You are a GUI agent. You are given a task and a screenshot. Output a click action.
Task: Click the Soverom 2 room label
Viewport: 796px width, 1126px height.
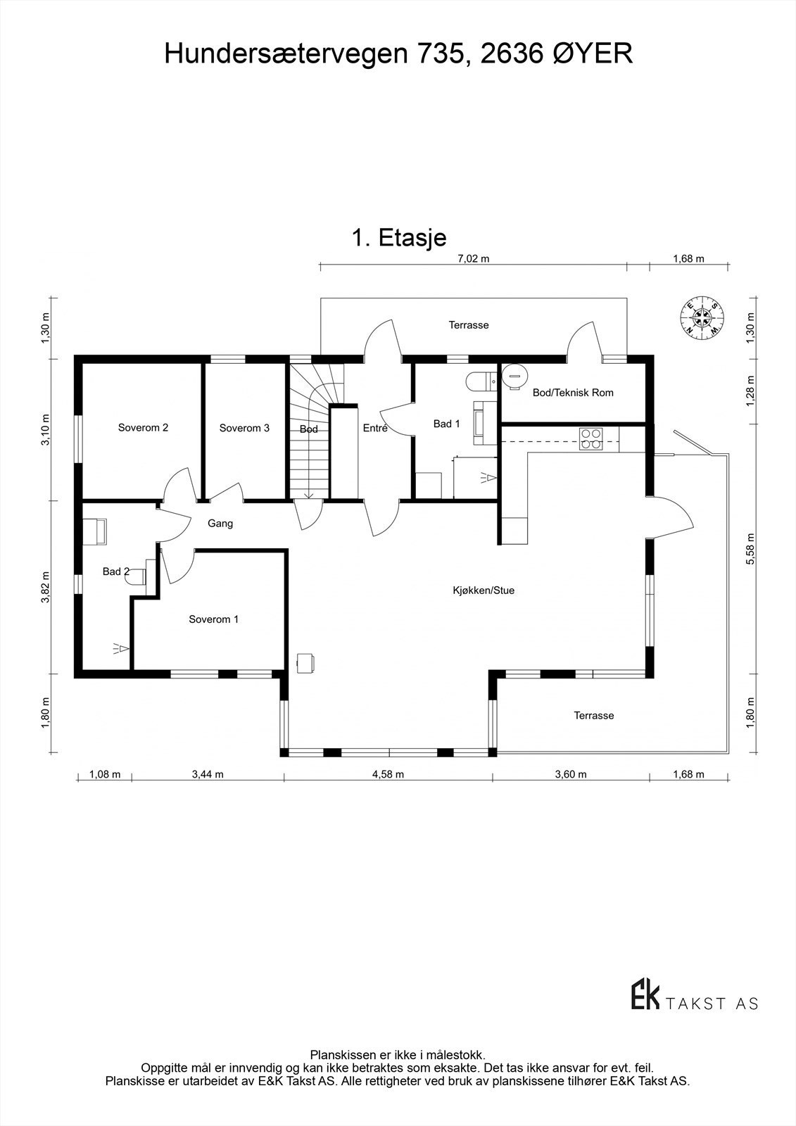143,428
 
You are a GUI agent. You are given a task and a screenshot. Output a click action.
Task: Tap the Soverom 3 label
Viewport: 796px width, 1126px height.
244,428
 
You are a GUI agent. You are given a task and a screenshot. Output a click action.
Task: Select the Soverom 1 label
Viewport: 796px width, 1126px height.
213,619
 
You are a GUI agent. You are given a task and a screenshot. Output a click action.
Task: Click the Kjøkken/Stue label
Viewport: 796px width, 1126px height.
484,590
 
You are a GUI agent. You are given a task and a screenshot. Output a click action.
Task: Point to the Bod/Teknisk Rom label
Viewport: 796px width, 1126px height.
573,393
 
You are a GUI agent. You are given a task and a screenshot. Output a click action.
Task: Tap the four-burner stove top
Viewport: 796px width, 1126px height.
590,439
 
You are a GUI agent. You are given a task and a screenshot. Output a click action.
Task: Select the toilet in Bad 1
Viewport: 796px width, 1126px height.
479,381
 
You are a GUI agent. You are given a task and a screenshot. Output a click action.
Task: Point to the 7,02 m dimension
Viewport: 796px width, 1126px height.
473,258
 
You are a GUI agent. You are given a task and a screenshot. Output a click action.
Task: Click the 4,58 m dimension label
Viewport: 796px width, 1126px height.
388,775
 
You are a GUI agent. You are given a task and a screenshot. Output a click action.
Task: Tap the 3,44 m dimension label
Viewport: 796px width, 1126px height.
208,775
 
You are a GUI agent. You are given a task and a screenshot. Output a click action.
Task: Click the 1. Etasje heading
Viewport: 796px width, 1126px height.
398,238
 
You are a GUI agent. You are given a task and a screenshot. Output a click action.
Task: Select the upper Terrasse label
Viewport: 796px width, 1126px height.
469,325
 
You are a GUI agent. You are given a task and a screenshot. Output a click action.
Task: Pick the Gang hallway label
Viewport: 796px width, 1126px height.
220,524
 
